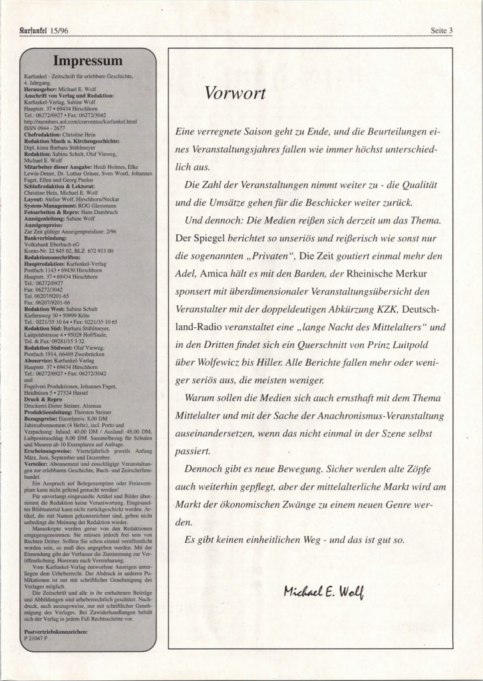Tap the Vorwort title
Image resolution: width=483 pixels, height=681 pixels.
(x=235, y=93)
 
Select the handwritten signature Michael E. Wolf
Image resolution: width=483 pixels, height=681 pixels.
(x=323, y=591)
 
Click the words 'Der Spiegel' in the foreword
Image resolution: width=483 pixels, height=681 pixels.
(x=198, y=237)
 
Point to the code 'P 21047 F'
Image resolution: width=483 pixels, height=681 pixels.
(x=35, y=636)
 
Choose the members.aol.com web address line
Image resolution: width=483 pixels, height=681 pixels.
(x=80, y=122)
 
